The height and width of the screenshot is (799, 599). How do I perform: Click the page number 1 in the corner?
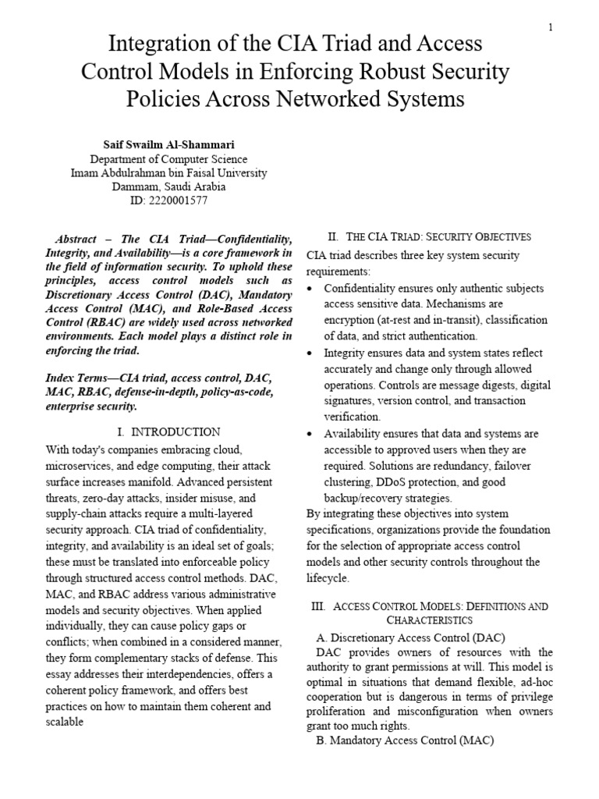pos(551,28)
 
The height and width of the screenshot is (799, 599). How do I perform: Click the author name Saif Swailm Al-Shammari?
pos(169,144)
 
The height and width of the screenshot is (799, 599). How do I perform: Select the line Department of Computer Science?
pos(169,158)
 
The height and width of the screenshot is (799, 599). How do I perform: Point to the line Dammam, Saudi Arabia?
pos(169,186)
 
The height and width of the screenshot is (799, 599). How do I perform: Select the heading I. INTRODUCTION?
pos(168,431)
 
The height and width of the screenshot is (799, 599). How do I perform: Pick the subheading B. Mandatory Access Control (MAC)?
pos(405,740)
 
